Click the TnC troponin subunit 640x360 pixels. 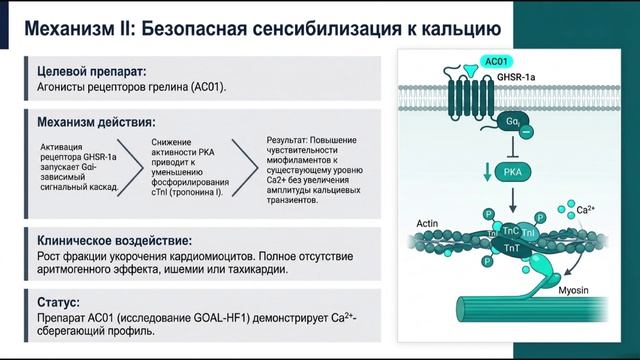tap(509, 229)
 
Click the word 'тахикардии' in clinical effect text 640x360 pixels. tap(257, 269)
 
